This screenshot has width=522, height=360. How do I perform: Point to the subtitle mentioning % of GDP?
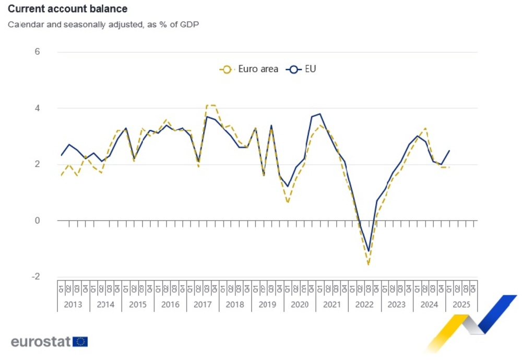tap(103, 25)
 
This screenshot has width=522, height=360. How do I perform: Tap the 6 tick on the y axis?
tap(37, 52)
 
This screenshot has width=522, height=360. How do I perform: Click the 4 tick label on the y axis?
tap(37, 108)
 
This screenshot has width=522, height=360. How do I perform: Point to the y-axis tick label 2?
tap(37, 164)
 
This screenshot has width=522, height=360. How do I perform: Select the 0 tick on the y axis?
tap(37, 220)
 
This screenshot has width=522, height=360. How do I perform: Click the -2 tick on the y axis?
tap(35, 276)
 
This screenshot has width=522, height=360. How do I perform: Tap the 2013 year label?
tap(73, 304)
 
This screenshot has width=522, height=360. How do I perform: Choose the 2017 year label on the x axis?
tap(203, 304)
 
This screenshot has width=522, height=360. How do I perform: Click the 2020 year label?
tap(300, 304)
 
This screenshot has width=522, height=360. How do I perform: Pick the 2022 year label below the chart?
tap(364, 304)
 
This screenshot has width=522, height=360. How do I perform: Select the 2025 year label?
tap(461, 304)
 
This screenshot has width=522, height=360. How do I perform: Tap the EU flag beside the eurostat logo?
tap(80, 342)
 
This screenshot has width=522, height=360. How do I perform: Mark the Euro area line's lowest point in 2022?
tap(369, 265)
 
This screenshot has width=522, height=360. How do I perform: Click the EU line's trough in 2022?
tap(369, 251)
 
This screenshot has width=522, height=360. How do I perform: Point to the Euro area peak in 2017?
tap(210, 106)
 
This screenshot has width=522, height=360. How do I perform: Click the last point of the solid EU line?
tap(449, 150)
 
